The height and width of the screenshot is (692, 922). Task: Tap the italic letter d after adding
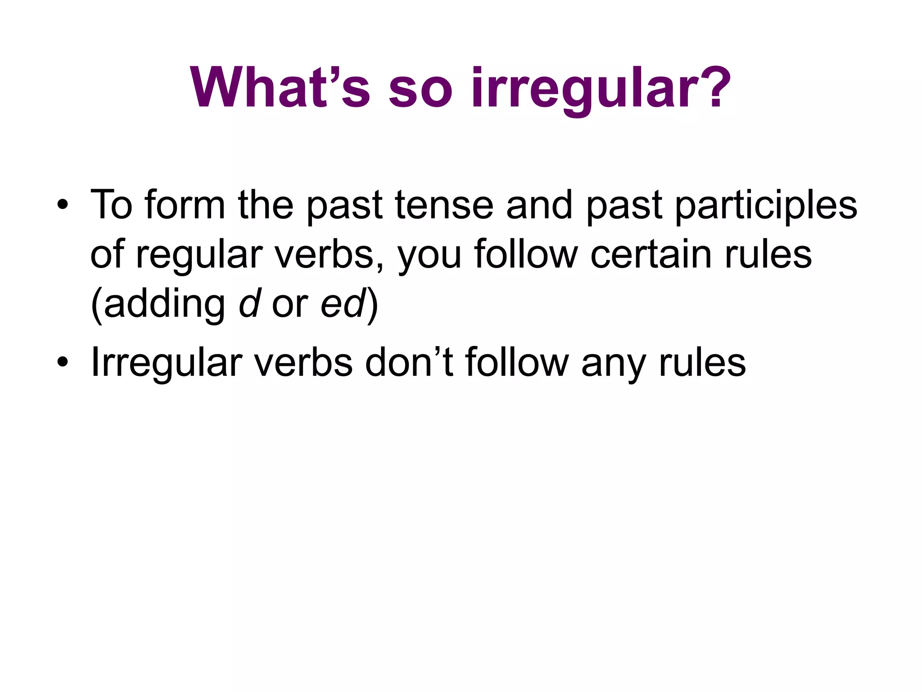pos(249,304)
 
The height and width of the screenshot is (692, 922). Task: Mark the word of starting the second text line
pos(107,255)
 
